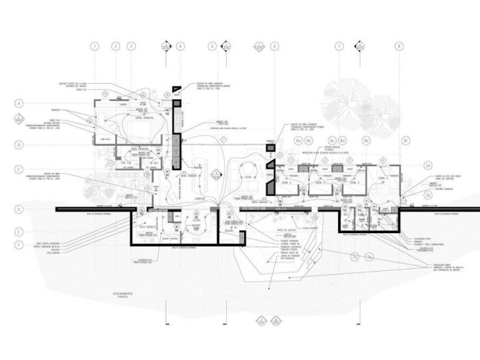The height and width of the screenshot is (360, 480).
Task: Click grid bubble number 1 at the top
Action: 95,47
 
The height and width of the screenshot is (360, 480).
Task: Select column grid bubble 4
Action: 180,47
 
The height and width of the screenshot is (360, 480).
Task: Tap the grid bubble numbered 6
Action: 274,47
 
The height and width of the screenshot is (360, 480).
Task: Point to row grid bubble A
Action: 20,103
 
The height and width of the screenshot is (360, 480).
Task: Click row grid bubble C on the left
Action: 20,169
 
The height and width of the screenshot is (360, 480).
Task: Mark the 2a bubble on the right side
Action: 428,165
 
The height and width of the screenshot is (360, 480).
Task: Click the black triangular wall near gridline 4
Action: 176,89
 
